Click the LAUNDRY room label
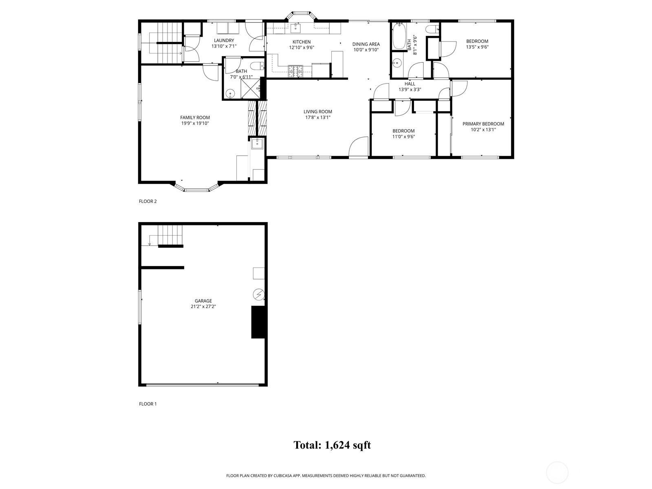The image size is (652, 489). (224, 40)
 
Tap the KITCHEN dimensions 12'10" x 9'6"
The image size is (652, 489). (302, 47)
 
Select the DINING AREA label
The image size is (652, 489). (366, 44)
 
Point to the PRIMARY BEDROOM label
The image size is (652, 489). (483, 124)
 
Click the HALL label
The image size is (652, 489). (410, 84)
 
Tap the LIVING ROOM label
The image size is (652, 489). (317, 112)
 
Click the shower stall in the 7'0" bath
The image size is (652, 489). (250, 88)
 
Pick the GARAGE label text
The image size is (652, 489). (203, 301)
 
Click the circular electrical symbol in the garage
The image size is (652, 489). (258, 294)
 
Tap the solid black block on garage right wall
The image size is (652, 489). (258, 322)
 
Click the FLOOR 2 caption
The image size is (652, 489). (148, 201)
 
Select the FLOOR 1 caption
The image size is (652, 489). (148, 404)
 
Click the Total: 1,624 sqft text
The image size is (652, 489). (332, 445)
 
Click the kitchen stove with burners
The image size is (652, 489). (295, 71)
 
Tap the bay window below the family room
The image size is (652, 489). (197, 189)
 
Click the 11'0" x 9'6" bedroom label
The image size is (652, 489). (403, 134)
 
